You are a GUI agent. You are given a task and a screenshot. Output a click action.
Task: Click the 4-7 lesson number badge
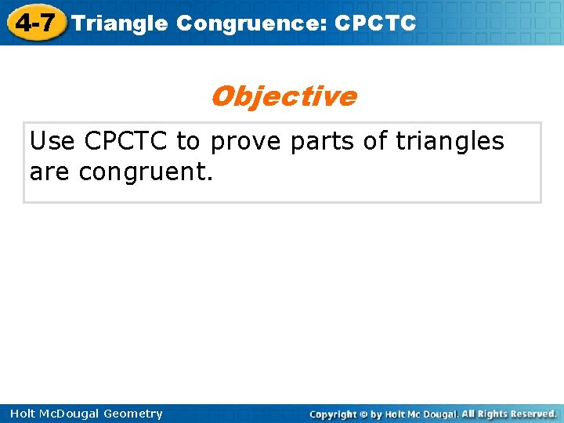[x=35, y=22]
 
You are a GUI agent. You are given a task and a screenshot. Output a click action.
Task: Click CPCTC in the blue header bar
[x=375, y=23]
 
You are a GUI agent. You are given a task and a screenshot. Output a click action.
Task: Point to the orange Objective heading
[x=283, y=96]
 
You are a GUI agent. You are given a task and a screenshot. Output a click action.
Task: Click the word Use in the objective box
[x=53, y=142]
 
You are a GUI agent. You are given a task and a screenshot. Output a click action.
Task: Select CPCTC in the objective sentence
[x=127, y=142]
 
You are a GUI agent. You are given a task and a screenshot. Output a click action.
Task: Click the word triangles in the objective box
[x=450, y=142]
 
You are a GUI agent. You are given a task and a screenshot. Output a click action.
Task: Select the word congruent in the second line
[x=146, y=172]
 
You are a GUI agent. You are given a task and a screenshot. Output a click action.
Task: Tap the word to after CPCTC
[x=187, y=142]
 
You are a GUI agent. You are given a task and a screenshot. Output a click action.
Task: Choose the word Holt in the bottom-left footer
[x=23, y=414]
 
